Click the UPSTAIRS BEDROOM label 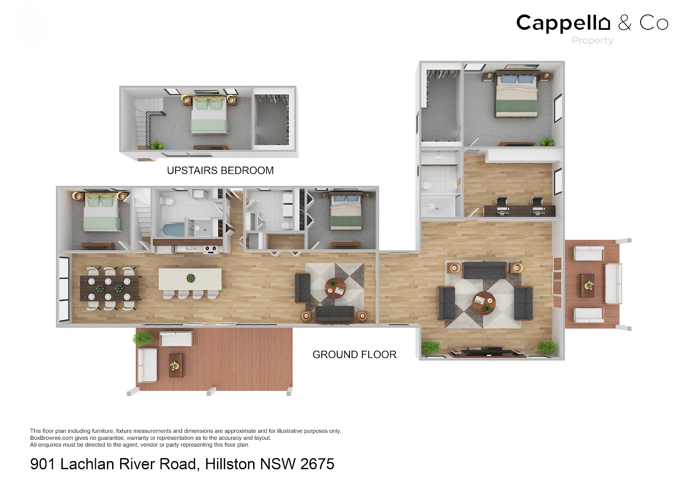pyautogui.click(x=220, y=170)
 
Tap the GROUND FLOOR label pyautogui.click(x=354, y=355)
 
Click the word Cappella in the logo pyautogui.click(x=563, y=23)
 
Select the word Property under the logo pyautogui.click(x=592, y=40)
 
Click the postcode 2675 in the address pyautogui.click(x=317, y=464)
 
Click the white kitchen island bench pyautogui.click(x=190, y=279)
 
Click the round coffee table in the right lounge pyautogui.click(x=483, y=302)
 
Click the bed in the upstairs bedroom pyautogui.click(x=209, y=116)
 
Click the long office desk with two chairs pyautogui.click(x=519, y=210)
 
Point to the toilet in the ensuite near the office pyautogui.click(x=427, y=186)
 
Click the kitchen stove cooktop pyautogui.click(x=211, y=249)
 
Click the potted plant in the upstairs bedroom pyautogui.click(x=156, y=145)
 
